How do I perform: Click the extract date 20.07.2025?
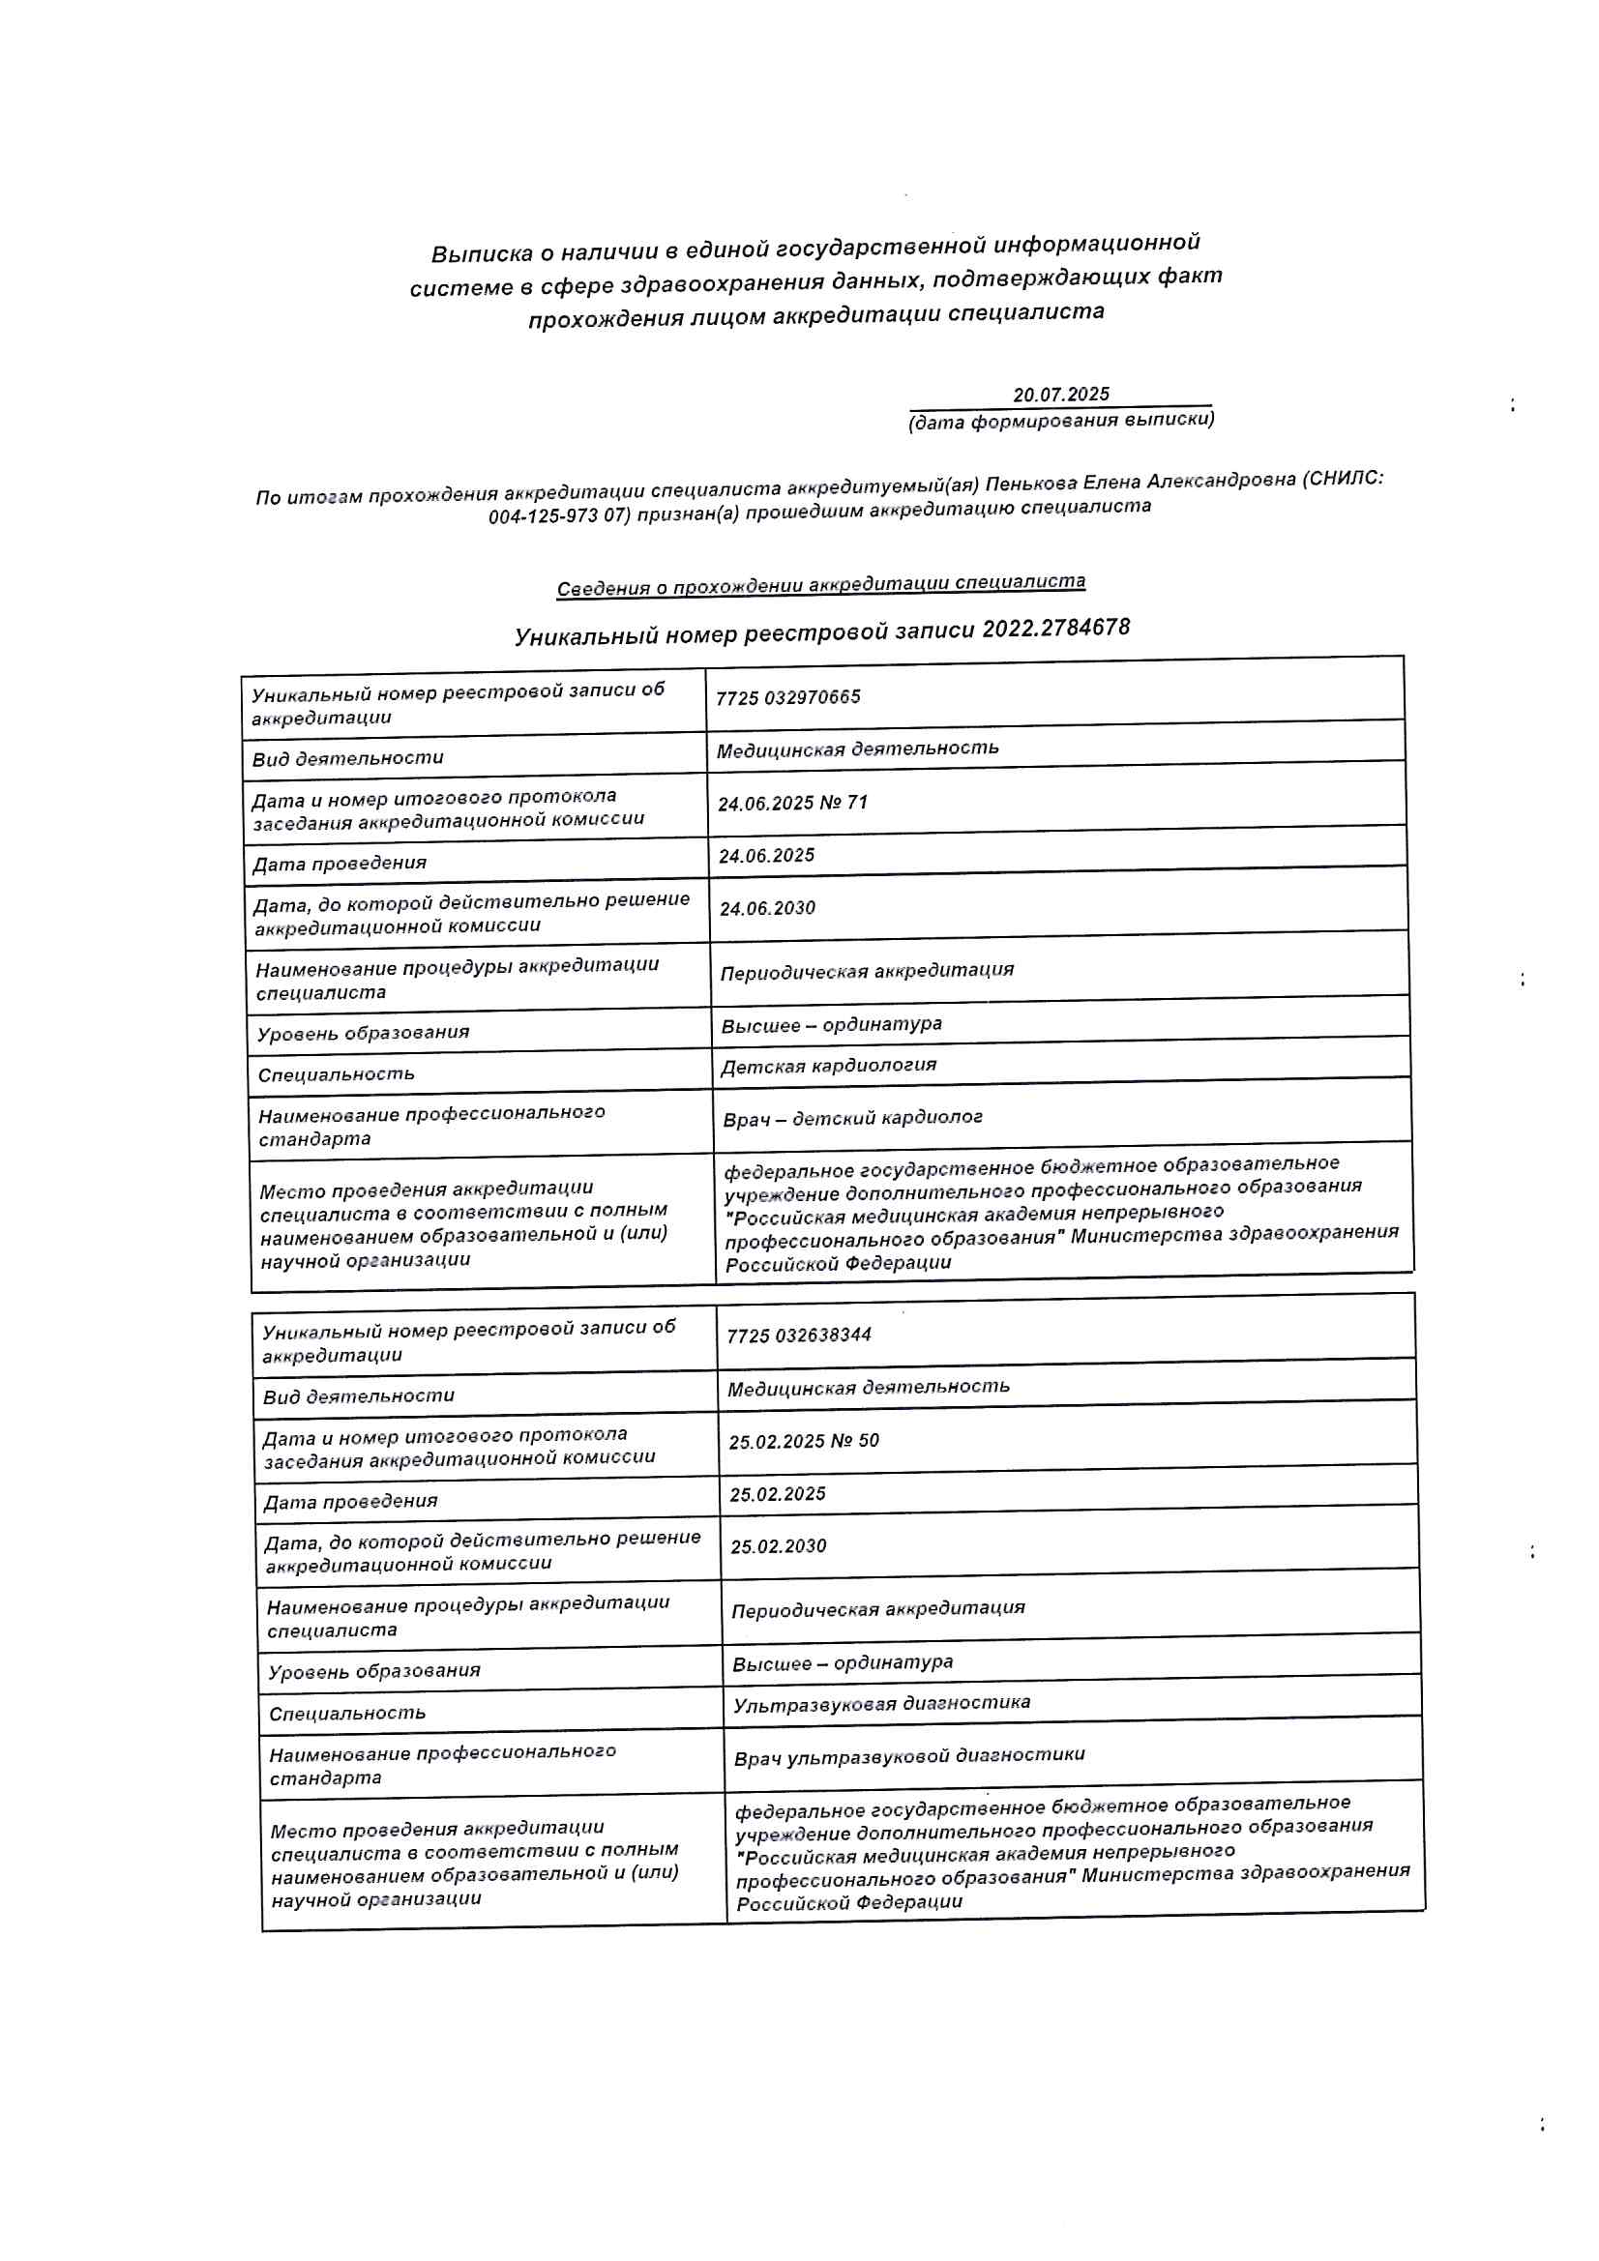(1060, 395)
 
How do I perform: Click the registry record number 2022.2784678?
(1055, 629)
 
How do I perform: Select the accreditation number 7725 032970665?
(787, 697)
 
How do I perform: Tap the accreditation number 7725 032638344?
(798, 1336)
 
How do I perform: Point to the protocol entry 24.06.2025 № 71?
(792, 803)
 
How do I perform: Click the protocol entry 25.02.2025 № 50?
(803, 1441)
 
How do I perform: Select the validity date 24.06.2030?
(766, 908)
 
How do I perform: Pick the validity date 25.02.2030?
(778, 1546)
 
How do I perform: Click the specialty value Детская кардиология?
(828, 1066)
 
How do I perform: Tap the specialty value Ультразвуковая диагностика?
(881, 1704)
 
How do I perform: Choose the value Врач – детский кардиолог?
(852, 1119)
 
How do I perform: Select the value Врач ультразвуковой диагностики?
(908, 1756)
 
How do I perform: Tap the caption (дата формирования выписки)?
(1060, 421)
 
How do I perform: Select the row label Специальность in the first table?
(336, 1074)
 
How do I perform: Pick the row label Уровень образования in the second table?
(373, 1671)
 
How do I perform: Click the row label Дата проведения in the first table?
(339, 864)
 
